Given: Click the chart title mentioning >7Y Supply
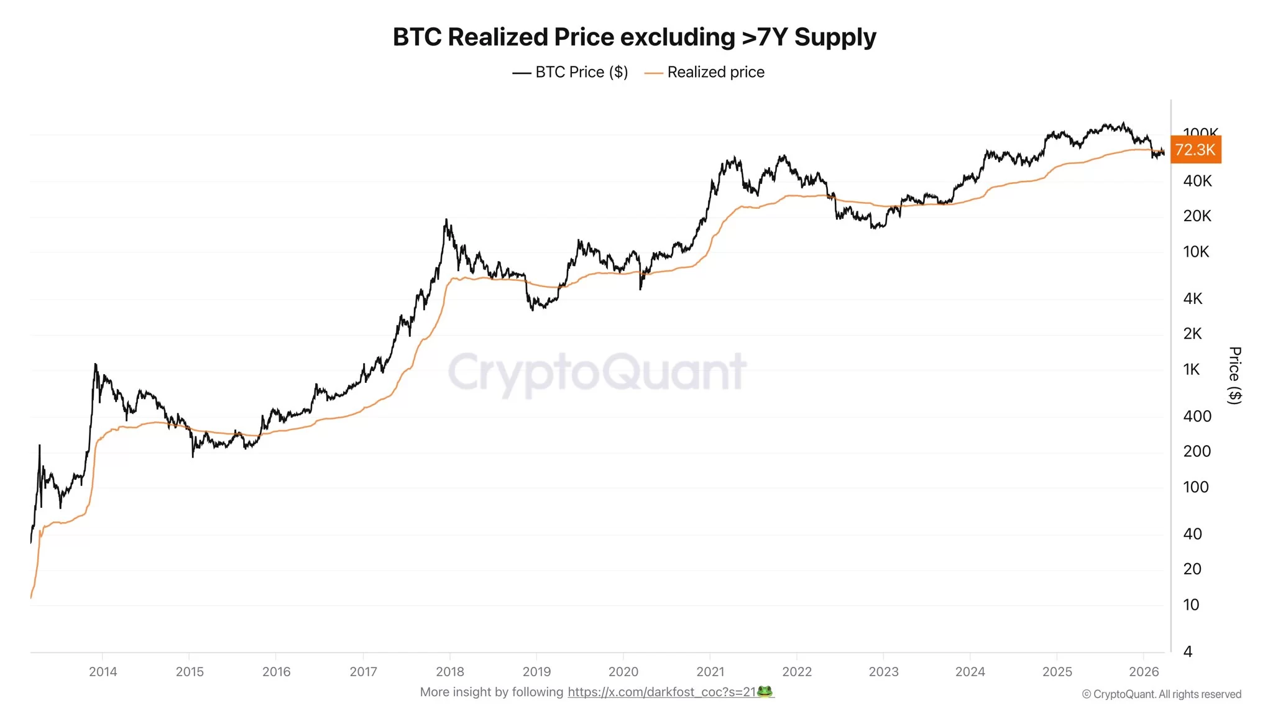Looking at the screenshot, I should (634, 37).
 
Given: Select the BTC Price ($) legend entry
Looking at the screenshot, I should (571, 72).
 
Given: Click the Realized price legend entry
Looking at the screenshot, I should (705, 72).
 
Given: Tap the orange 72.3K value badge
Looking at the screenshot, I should (1195, 150).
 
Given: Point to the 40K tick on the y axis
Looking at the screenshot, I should (1197, 181).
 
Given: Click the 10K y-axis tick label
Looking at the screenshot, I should (1196, 252).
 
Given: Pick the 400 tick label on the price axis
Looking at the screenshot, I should (1197, 416).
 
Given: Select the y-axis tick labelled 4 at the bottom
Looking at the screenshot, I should (1188, 651).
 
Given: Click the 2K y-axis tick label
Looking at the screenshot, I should (1192, 334).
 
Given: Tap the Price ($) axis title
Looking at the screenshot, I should (1235, 375).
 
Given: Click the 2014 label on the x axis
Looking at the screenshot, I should (103, 671).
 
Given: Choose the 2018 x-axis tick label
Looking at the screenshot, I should (450, 671).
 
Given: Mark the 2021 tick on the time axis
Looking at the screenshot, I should (710, 671).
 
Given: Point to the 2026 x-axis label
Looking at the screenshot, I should (1144, 671).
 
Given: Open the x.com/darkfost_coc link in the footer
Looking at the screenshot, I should (661, 692).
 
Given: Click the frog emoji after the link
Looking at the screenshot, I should (765, 691).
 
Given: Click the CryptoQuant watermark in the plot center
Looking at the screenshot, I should (597, 372).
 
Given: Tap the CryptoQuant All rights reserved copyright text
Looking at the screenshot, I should (1161, 694).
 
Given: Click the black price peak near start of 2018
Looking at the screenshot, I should (446, 220).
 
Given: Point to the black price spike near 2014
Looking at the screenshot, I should (95, 365).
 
